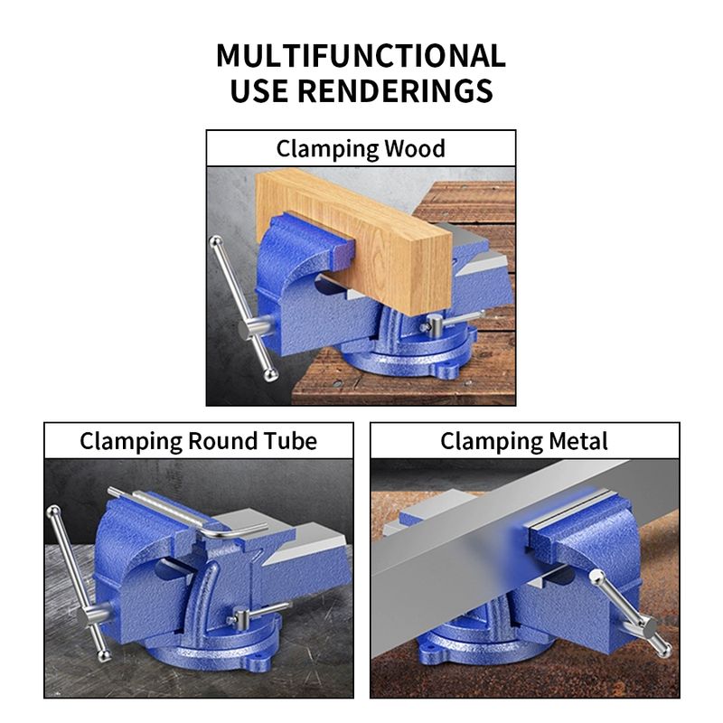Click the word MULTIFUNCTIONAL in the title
coord(361,56)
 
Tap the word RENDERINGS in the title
coord(395,90)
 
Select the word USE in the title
coord(258,90)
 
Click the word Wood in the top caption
coord(415,148)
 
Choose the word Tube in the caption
coord(290,441)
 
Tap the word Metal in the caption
coord(578,441)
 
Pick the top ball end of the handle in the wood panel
coord(215,241)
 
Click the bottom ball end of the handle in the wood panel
coord(270,374)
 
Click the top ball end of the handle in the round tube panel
coord(53,512)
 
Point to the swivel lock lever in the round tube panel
coord(258,613)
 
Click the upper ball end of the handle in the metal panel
coord(597,577)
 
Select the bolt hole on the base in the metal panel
coord(432,647)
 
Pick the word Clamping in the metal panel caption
coord(492,441)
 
